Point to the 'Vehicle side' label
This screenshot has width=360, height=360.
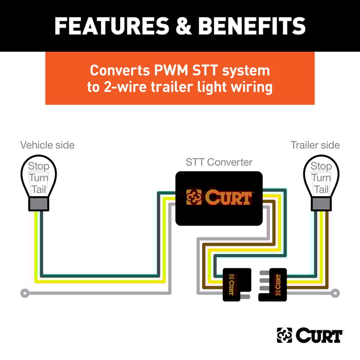tap(47, 145)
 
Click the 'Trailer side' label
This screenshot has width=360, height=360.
tap(315, 145)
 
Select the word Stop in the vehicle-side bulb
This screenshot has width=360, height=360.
tap(39, 166)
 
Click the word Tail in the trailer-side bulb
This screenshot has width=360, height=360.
tap(321, 189)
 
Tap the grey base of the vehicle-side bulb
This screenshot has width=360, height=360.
tap(39, 203)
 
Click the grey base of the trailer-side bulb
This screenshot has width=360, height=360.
tap(321, 203)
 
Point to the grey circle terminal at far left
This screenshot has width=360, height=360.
tap(25, 293)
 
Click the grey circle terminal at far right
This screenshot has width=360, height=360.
tap(335, 293)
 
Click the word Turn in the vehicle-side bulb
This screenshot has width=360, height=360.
tap(39, 178)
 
